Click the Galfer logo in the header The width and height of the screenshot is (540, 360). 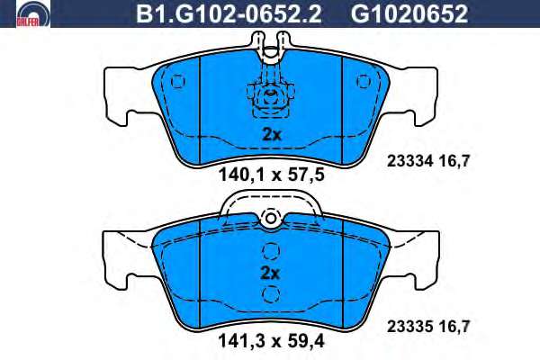tap(33, 13)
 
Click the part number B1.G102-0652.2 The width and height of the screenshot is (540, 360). tap(229, 14)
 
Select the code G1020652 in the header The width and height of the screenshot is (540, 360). tap(409, 14)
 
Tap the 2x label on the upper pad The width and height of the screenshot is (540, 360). tap(272, 135)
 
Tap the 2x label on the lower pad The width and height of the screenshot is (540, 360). tap(270, 274)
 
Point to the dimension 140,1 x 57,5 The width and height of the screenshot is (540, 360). tap(272, 175)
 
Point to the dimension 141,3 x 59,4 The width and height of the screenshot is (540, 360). tap(271, 342)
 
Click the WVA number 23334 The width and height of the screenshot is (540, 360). tap(409, 161)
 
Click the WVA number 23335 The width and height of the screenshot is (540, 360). tap(409, 327)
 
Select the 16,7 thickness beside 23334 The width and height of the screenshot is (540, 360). tap(454, 161)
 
